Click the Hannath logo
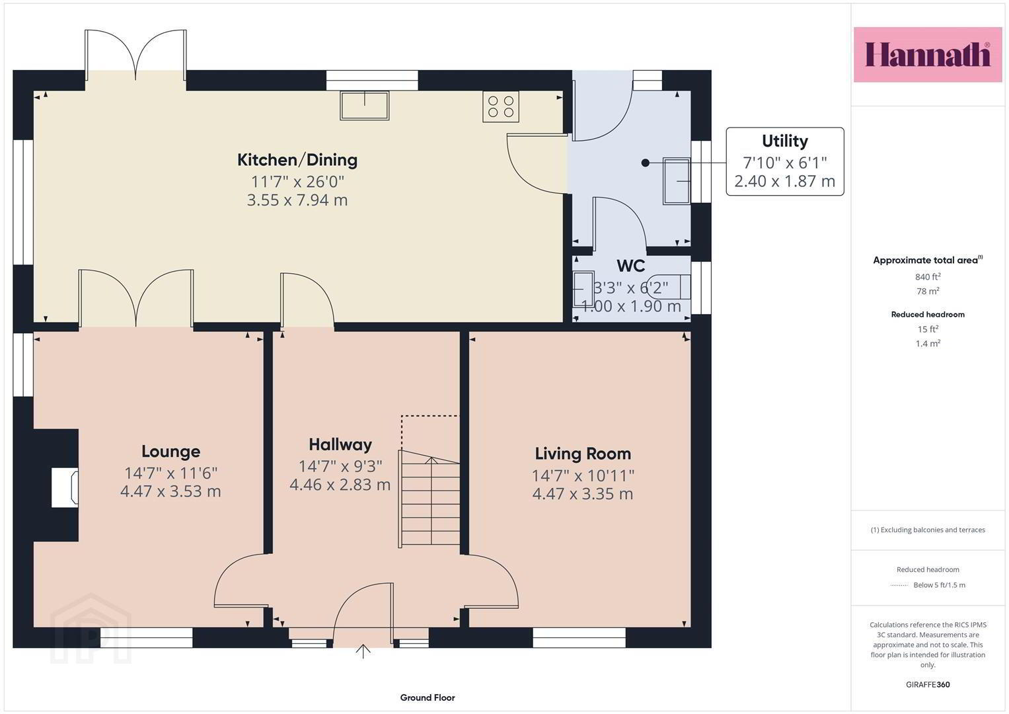point(928,54)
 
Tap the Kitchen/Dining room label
point(297,160)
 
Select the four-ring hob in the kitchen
point(501,106)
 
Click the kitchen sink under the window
point(364,106)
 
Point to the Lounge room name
point(170,451)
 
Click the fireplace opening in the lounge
point(65,487)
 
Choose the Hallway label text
point(340,445)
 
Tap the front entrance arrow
point(363,651)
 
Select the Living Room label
point(583,454)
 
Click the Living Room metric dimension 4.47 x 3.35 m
point(582,494)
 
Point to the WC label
point(630,266)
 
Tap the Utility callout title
point(785,141)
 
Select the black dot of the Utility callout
point(645,163)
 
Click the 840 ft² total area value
point(928,277)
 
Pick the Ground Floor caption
point(428,697)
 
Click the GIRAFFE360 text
point(928,685)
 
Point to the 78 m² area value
point(928,291)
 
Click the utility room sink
point(677,181)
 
